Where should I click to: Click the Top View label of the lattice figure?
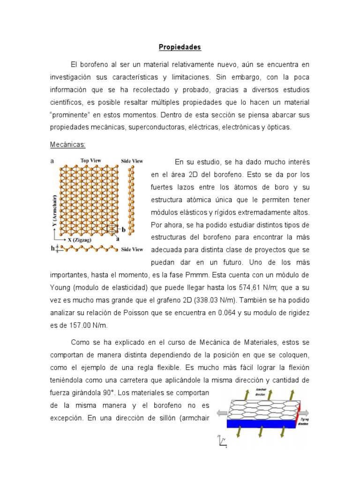point(91,160)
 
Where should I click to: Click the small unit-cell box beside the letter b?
point(112,229)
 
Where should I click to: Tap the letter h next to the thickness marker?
point(52,248)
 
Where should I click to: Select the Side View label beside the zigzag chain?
point(132,249)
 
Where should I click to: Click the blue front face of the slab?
point(258,423)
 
